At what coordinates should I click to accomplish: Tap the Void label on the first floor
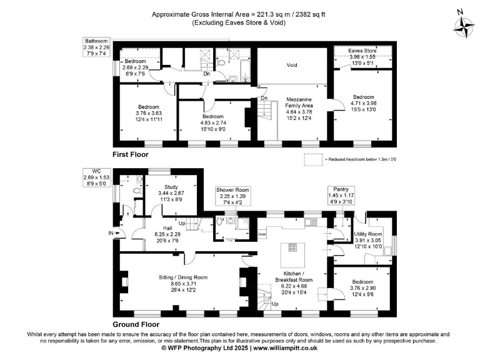(291, 64)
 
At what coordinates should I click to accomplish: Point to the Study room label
(171, 186)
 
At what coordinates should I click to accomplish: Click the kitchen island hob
(292, 247)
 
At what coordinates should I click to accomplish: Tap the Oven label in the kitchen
(262, 235)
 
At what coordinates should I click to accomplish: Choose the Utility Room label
(372, 233)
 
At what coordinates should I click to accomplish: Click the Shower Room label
(232, 189)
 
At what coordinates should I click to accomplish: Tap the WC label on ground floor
(96, 171)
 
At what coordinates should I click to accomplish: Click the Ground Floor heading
(136, 324)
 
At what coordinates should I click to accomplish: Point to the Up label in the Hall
(182, 222)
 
